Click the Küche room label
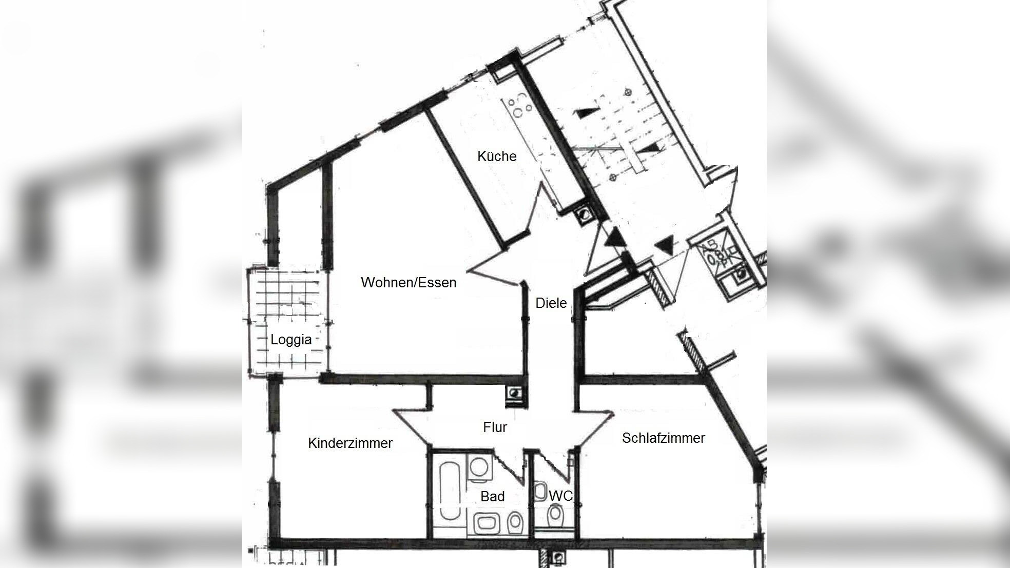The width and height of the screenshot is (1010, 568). coord(497,156)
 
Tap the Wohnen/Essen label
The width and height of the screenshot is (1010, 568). coord(409,282)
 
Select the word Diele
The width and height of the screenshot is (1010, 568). coord(551,303)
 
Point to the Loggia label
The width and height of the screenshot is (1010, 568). coord(291,339)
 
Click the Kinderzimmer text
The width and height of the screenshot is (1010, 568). coord(350,443)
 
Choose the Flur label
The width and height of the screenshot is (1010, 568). coord(495,427)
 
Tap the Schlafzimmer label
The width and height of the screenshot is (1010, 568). coord(663,438)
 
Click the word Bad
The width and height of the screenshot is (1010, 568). coord(492,496)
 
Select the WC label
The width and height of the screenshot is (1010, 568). coord(560,496)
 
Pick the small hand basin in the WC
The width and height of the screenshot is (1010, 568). coord(540,492)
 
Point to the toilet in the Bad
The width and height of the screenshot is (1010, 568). coord(514,522)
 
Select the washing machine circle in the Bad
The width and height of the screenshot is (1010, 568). coord(480,467)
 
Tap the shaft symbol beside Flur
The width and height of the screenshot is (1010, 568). coord(514,394)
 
